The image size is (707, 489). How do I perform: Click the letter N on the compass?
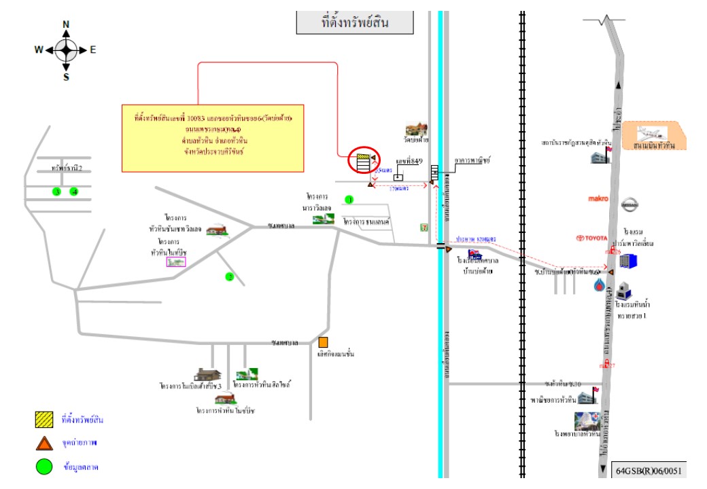click(66, 24)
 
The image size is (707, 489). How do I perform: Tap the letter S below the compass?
click(66, 77)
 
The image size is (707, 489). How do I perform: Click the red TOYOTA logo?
click(590, 238)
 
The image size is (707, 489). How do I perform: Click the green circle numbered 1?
click(349, 200)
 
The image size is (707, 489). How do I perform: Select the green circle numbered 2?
click(230, 276)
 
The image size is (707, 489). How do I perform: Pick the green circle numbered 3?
click(57, 192)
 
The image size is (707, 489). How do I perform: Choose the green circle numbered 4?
click(75, 192)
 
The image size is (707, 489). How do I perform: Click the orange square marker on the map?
click(324, 342)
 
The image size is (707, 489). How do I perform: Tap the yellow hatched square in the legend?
click(44, 420)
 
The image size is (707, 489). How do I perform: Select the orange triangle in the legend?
click(44, 443)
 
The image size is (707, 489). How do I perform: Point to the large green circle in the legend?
click(44, 467)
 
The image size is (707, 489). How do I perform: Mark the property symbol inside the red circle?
click(364, 161)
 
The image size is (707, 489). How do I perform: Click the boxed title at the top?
click(355, 22)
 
